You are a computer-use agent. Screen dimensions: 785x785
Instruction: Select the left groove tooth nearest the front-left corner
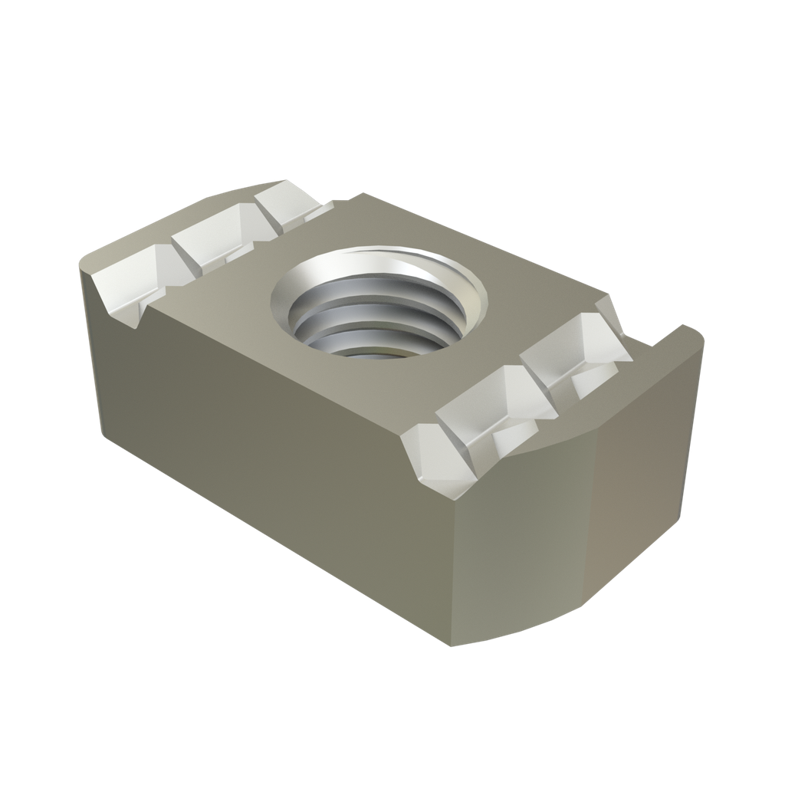[126, 284]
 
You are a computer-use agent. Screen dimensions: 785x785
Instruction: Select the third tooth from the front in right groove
[567, 349]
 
